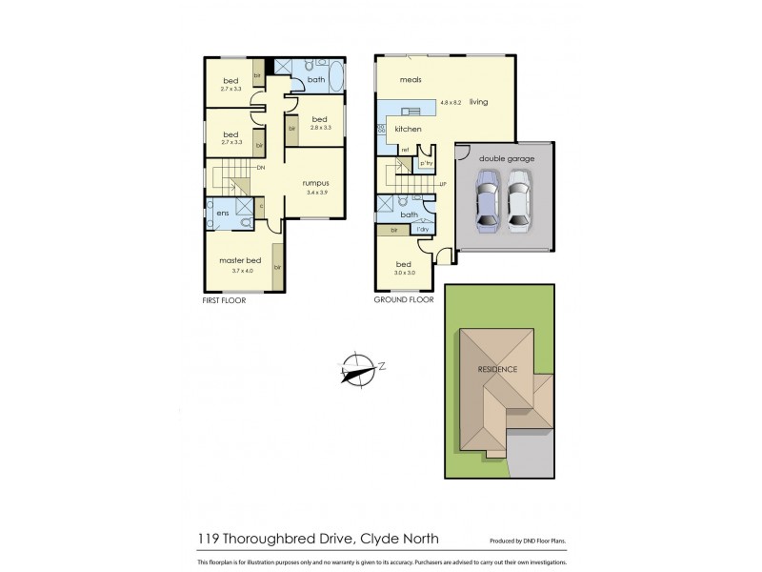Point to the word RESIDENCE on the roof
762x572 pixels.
coord(498,369)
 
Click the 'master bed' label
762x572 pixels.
coord(239,261)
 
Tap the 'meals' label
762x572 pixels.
coord(411,80)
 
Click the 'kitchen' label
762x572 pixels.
coord(408,129)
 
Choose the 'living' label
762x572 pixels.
coord(478,101)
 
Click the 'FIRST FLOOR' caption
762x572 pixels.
coord(225,299)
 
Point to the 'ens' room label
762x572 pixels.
coord(222,214)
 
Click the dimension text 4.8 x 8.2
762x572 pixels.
coord(450,102)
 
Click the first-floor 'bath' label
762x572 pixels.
coord(315,80)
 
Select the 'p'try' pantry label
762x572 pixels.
coord(426,164)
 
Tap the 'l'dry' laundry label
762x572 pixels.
coord(422,231)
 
